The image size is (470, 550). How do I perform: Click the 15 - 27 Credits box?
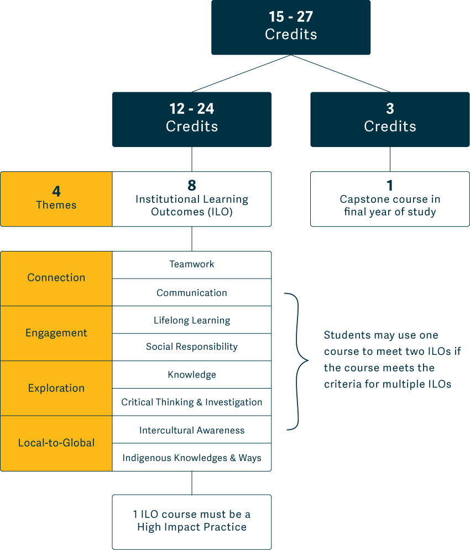pyautogui.click(x=291, y=27)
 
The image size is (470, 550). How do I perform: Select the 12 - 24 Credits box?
pyautogui.click(x=192, y=119)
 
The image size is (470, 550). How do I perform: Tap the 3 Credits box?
pyautogui.click(x=390, y=119)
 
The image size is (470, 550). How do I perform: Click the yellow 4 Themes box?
pyautogui.click(x=56, y=198)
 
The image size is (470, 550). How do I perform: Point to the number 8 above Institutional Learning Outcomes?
pyautogui.click(x=192, y=185)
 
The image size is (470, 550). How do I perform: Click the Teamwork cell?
pyautogui.click(x=192, y=264)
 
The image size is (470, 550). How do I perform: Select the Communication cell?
pyautogui.click(x=192, y=293)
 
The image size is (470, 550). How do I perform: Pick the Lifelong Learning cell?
pyautogui.click(x=192, y=320)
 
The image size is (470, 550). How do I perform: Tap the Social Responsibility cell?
pyautogui.click(x=192, y=347)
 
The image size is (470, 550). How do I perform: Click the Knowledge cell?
pyautogui.click(x=192, y=375)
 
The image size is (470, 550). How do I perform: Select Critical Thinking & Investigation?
pyautogui.click(x=192, y=402)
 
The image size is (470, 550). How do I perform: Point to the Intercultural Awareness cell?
pyautogui.click(x=192, y=430)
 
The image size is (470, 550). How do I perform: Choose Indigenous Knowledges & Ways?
pyautogui.click(x=192, y=458)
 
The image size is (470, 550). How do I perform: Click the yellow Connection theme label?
pyautogui.click(x=56, y=277)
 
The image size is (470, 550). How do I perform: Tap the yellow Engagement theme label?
pyautogui.click(x=56, y=333)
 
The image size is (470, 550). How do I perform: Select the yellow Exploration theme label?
pyautogui.click(x=56, y=388)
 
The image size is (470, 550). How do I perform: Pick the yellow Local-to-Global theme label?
pyautogui.click(x=56, y=443)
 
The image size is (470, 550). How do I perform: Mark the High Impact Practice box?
pyautogui.click(x=192, y=521)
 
